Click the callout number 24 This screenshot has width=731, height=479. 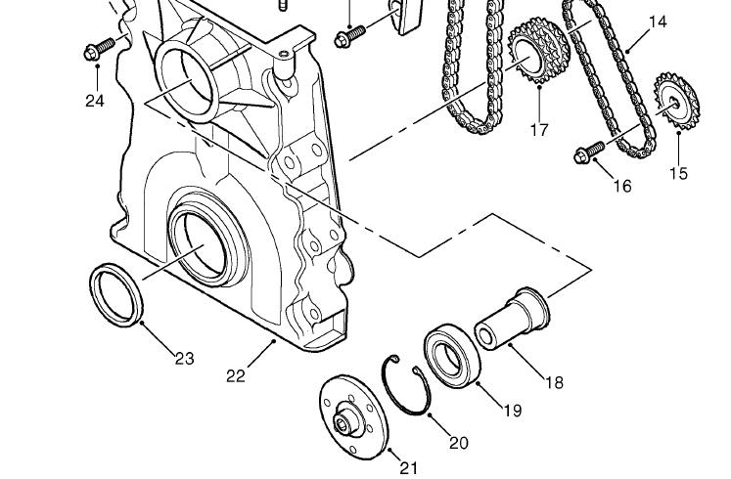pos(95,100)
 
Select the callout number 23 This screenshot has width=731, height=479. pos(184,359)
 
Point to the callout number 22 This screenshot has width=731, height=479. pos(235,375)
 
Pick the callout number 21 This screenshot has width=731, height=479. pos(408,467)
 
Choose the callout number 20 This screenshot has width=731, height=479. pos(458,443)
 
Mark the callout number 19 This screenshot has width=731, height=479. pos(512,411)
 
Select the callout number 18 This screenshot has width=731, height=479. pos(554,382)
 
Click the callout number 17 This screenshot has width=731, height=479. pos(539,129)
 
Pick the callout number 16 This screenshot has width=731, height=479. pos(622,186)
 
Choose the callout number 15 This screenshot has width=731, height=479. pos(679,173)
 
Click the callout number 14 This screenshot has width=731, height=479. pos(657,21)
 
